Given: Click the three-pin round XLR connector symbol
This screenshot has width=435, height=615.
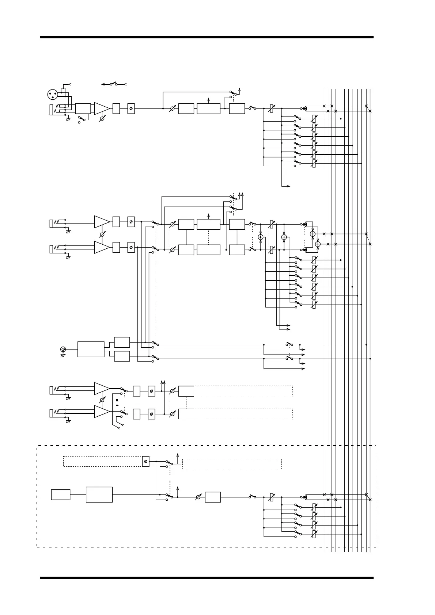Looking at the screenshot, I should pyautogui.click(x=53, y=95).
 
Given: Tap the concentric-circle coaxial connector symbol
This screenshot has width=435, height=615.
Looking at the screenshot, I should pyautogui.click(x=63, y=349).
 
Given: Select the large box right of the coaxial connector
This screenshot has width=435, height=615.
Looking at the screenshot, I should pyautogui.click(x=91, y=349).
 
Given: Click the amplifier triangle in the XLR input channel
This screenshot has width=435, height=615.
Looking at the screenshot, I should pyautogui.click(x=102, y=108).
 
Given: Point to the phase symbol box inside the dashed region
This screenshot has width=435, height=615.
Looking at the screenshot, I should pyautogui.click(x=145, y=462).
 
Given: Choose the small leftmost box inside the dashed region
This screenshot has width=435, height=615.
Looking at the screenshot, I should pyautogui.click(x=61, y=495).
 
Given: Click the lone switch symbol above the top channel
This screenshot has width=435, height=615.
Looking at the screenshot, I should pyautogui.click(x=114, y=84).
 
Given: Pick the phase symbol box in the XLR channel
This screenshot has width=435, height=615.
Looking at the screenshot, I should pyautogui.click(x=131, y=108).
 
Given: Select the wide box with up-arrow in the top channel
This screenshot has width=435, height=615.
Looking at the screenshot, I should pyautogui.click(x=208, y=108).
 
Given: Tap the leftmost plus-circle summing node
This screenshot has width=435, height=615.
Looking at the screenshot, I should pyautogui.click(x=261, y=237).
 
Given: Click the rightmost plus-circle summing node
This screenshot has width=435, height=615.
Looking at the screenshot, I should pyautogui.click(x=318, y=244).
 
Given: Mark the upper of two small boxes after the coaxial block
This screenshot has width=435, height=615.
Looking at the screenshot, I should pyautogui.click(x=122, y=342).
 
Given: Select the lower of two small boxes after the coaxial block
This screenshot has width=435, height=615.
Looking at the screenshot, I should pyautogui.click(x=122, y=356).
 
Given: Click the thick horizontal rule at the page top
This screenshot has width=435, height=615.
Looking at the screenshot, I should pyautogui.click(x=207, y=37).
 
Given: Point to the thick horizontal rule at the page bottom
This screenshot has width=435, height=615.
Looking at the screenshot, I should pyautogui.click(x=207, y=578).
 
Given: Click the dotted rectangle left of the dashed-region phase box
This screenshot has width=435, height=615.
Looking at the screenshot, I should pyautogui.click(x=102, y=462).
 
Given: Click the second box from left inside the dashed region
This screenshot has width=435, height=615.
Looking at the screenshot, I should pyautogui.click(x=99, y=495).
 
